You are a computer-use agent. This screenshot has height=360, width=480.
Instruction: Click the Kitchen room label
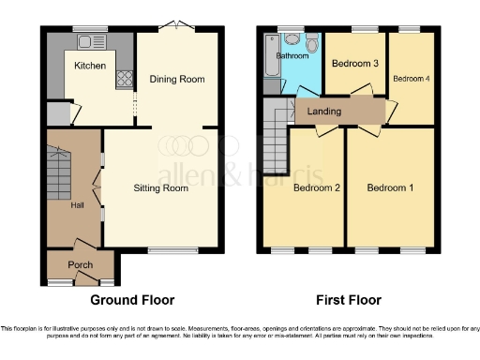tap(90, 66)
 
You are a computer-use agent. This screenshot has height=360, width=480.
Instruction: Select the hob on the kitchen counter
tap(122, 80)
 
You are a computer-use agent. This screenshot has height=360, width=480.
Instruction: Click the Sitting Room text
tap(163, 188)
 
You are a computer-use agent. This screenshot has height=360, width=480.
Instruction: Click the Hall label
tap(79, 205)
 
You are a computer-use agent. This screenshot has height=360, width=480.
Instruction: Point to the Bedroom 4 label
tap(412, 78)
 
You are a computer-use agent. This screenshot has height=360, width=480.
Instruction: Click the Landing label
tap(324, 112)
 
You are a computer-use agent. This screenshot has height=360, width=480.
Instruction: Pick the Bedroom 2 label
tap(316, 188)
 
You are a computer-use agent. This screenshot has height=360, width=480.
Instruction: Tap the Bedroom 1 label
tap(390, 188)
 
